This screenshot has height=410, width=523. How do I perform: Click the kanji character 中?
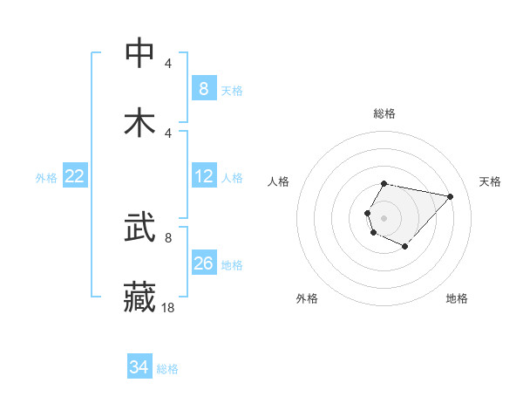tap(140, 53)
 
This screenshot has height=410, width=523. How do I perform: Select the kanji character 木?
tap(140, 122)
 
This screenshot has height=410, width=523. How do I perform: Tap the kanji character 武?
tap(140, 229)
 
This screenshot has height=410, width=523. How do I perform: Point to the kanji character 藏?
tap(140, 296)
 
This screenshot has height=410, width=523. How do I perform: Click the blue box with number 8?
tap(203, 88)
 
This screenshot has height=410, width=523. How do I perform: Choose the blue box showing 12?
tap(203, 176)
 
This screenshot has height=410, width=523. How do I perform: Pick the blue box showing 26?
tap(203, 263)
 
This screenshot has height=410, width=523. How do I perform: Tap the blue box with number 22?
tap(75, 176)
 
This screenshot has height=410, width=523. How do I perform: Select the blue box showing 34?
tap(139, 367)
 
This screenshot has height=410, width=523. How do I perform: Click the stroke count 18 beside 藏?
tap(167, 307)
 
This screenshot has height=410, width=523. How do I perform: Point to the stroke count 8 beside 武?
tap(167, 237)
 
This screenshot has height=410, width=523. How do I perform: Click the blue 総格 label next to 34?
tap(167, 369)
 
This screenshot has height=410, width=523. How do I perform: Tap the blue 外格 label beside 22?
tap(46, 177)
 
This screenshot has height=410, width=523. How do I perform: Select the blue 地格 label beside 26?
tap(232, 264)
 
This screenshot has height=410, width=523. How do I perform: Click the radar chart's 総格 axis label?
tap(384, 113)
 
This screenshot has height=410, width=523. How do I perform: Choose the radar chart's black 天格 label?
tap(491, 181)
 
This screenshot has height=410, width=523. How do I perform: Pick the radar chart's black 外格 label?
tap(307, 298)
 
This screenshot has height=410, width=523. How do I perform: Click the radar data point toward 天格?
tap(450, 196)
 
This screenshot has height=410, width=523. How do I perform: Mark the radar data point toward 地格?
tap(404, 247)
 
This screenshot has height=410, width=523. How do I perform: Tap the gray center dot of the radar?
tap(384, 217)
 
